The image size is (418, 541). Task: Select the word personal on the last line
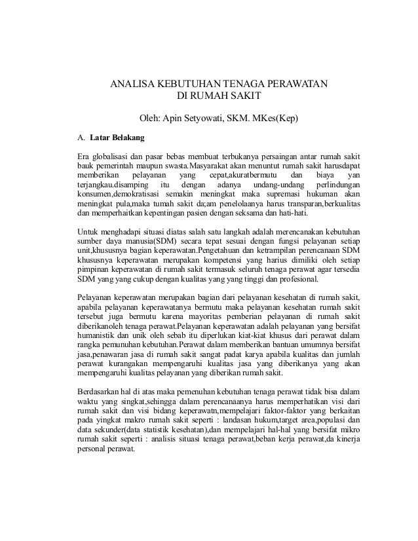tap(93, 449)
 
